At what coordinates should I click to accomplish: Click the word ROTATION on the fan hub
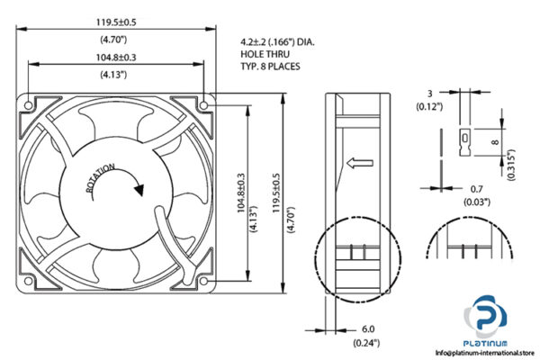101,179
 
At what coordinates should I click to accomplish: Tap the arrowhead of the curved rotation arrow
138,190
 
